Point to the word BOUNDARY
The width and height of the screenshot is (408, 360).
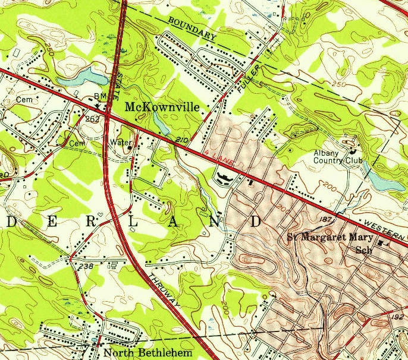[192, 29]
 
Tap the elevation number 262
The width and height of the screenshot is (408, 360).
[92, 119]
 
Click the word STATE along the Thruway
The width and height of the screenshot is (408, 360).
[122, 87]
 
